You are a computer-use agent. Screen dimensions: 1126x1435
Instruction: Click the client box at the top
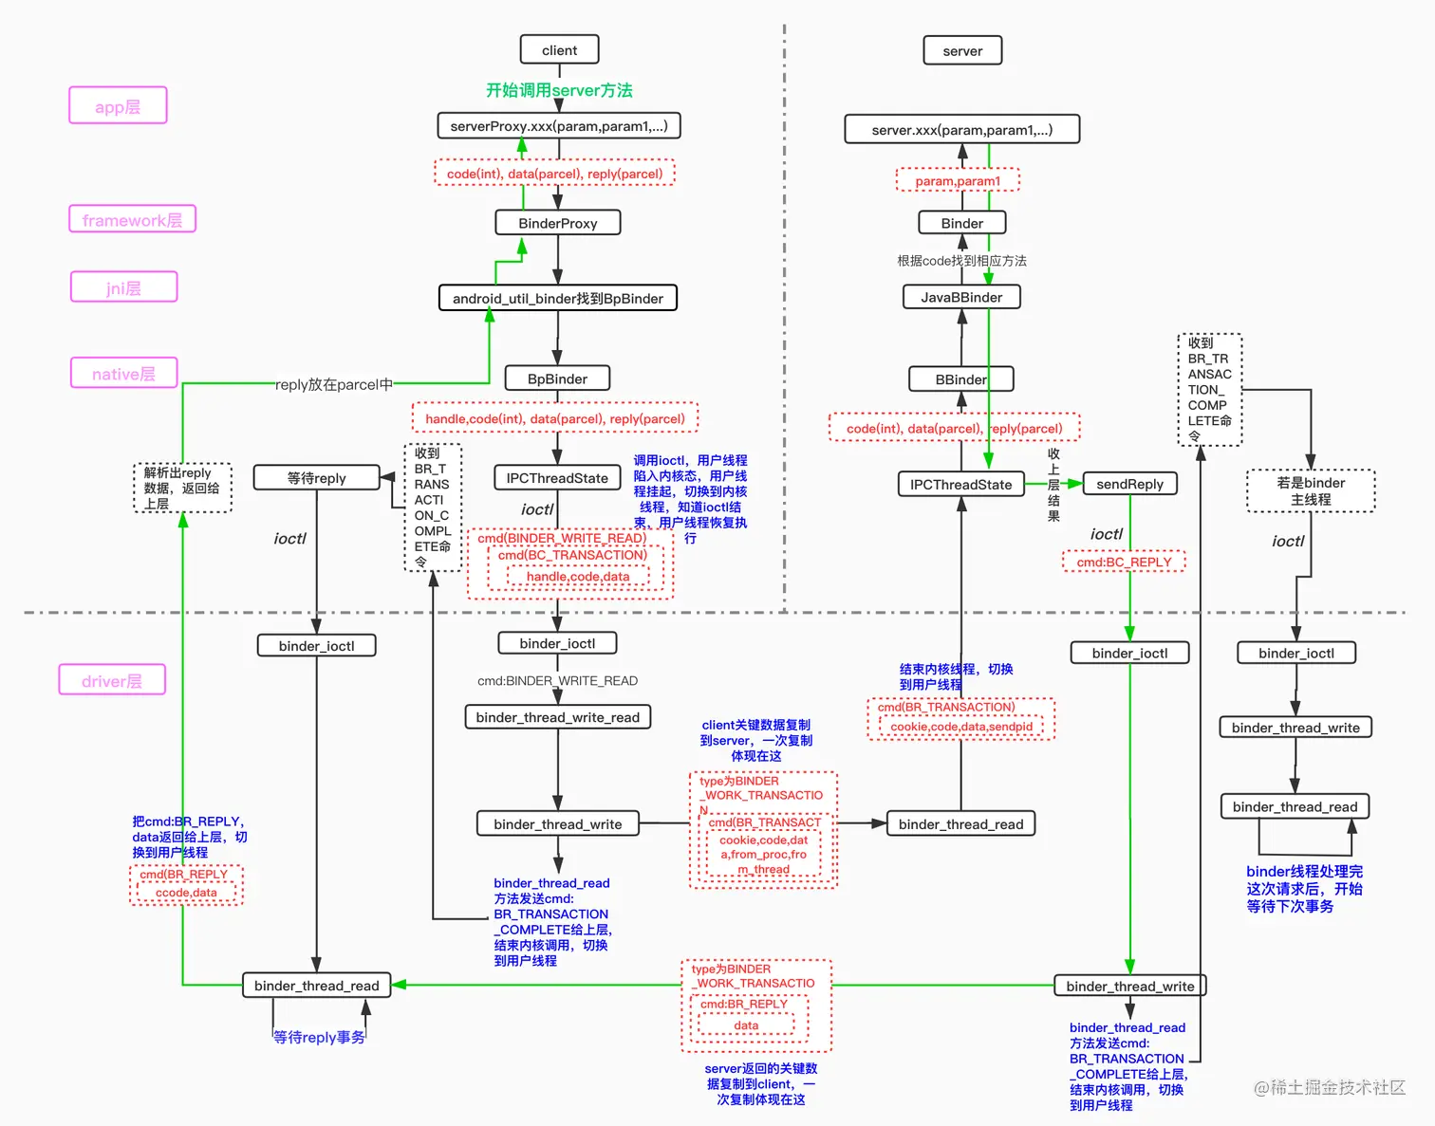point(559,50)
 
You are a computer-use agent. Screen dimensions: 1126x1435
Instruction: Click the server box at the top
point(962,50)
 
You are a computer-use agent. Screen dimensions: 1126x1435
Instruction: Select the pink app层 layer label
point(118,105)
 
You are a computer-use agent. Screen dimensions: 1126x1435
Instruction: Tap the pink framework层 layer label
point(132,219)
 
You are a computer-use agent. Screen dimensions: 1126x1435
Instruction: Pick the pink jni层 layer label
point(123,287)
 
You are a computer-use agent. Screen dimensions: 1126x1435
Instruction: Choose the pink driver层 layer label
point(111,680)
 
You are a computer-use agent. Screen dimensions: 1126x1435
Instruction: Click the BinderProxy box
point(557,223)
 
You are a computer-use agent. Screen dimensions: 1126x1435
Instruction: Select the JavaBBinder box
point(961,297)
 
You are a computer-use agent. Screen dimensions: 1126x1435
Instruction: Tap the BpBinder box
point(557,378)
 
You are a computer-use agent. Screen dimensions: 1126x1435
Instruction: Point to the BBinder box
point(960,379)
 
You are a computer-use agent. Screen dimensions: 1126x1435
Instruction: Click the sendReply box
point(1129,484)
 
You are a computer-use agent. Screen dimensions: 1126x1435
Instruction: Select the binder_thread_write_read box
point(557,717)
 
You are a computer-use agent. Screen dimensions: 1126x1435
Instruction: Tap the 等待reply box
point(316,478)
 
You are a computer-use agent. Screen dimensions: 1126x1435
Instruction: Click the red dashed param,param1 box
point(958,180)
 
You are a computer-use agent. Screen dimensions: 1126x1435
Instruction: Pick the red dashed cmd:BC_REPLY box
point(1124,562)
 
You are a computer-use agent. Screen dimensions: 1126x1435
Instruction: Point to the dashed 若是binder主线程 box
point(1310,490)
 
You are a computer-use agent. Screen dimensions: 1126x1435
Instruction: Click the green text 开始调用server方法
point(559,90)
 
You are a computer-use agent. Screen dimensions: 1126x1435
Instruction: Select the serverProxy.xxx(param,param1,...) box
point(559,126)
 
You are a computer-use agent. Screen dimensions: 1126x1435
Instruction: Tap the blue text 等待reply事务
point(319,1037)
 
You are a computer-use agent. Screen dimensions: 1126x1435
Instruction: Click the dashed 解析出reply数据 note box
point(182,488)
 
